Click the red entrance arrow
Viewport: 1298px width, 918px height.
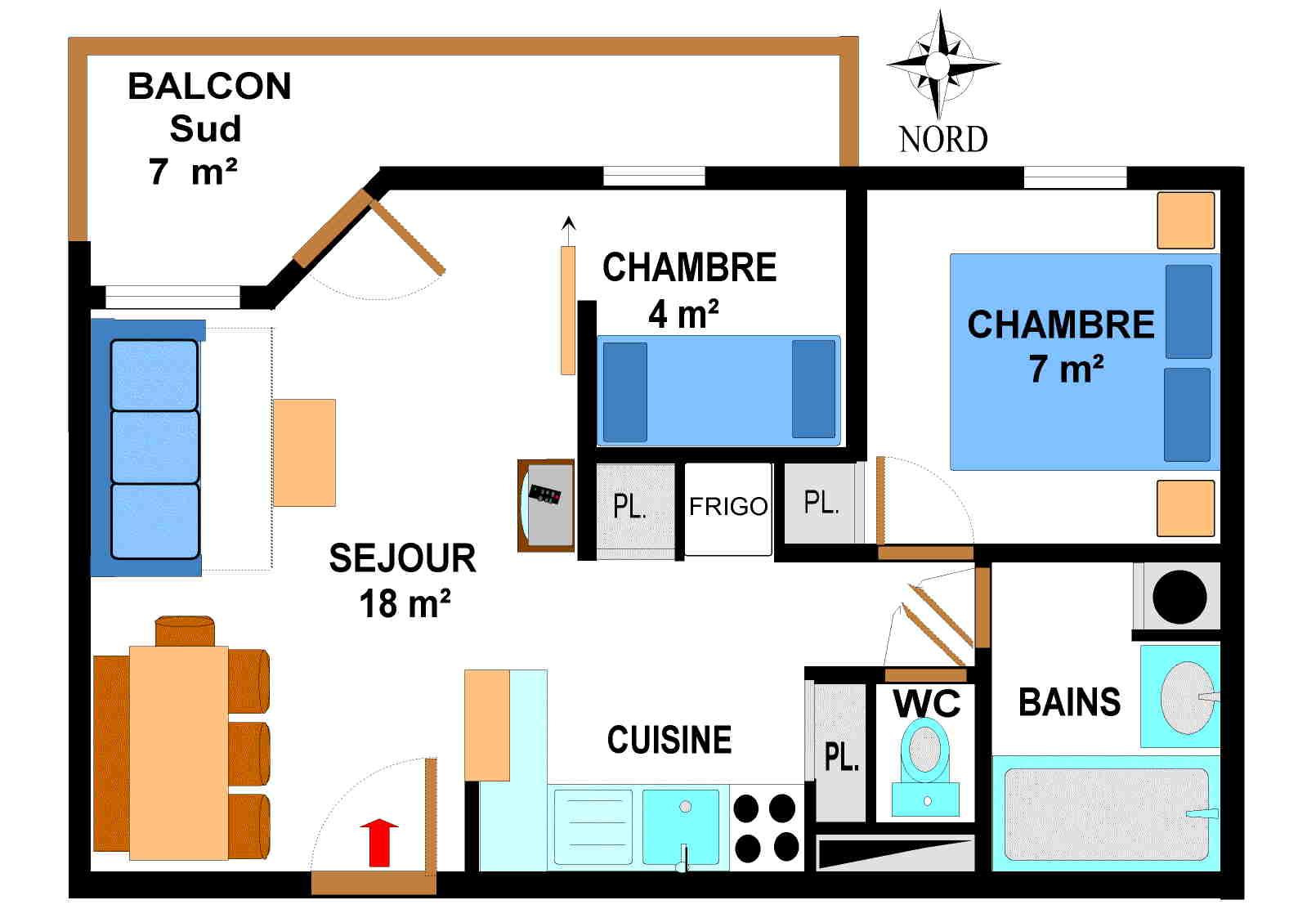tap(379, 842)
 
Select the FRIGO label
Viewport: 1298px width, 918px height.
tap(727, 507)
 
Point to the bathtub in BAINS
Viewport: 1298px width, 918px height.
tap(1105, 813)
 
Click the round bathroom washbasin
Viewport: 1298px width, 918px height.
tap(1186, 697)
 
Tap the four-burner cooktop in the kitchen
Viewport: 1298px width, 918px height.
tap(766, 827)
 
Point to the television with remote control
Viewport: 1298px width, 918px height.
tap(546, 505)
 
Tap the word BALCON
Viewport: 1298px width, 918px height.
tap(209, 87)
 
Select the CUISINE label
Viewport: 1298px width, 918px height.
tap(669, 740)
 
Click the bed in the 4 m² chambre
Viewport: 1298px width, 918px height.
tap(718, 391)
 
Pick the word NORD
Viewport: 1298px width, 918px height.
tap(943, 140)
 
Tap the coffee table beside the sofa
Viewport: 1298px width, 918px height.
tap(304, 453)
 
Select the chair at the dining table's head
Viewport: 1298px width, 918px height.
tap(185, 631)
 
